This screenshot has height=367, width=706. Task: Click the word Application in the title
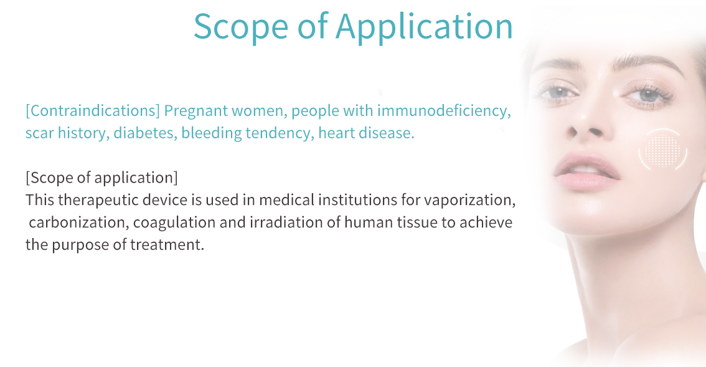(424, 27)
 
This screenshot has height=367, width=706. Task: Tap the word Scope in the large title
(241, 26)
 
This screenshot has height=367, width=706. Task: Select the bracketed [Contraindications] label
(93, 110)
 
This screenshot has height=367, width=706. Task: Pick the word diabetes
(146, 133)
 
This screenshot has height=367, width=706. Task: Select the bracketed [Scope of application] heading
(101, 178)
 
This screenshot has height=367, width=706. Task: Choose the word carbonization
(79, 222)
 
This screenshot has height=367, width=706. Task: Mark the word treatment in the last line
(167, 245)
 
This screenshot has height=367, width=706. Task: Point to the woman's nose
(583, 122)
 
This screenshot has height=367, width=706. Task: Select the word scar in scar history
(39, 133)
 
